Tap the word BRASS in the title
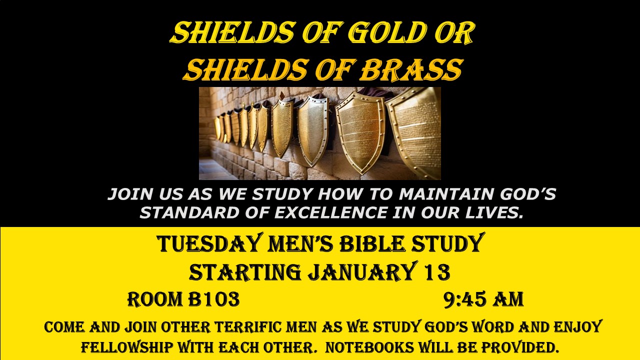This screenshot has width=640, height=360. (x=411, y=69)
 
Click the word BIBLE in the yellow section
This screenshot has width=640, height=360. (x=372, y=244)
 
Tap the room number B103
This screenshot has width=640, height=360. (x=213, y=299)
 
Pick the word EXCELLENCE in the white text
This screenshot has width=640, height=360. (x=331, y=212)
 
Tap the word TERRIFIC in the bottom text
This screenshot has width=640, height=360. (x=247, y=327)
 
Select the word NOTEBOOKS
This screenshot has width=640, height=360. (x=369, y=347)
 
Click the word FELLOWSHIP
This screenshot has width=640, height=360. (x=127, y=347)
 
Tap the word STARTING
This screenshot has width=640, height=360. (x=245, y=272)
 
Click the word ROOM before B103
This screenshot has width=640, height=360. (x=155, y=299)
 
